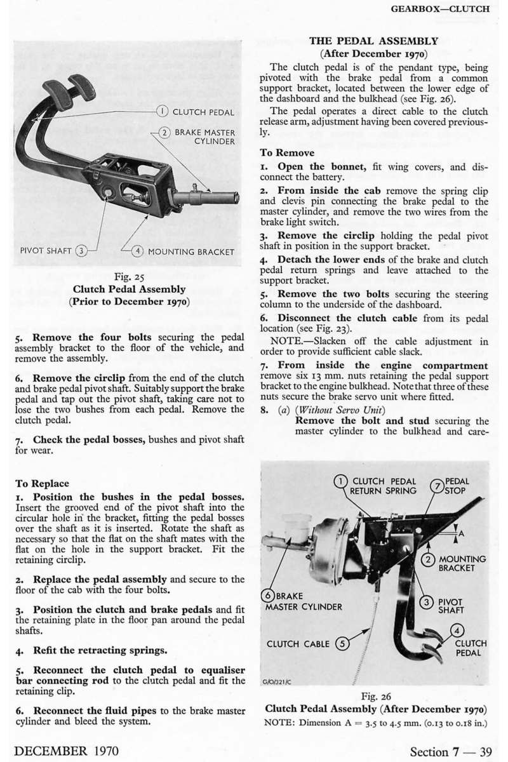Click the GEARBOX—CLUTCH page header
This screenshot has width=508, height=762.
[440, 10]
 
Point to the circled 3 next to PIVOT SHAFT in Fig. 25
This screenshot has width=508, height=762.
[81, 251]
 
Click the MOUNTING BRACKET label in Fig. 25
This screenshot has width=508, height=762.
[190, 251]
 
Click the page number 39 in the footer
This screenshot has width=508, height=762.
[486, 751]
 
